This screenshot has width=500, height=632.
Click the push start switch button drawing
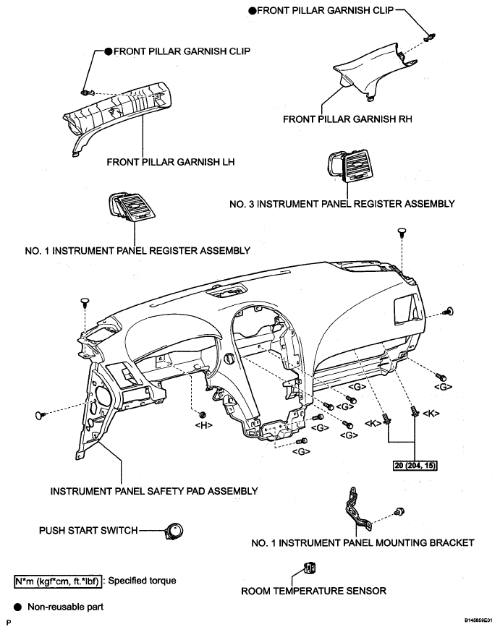click(174, 531)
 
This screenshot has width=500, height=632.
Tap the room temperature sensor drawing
click(310, 568)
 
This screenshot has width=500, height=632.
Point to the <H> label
click(203, 424)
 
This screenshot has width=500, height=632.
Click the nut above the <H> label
click(203, 414)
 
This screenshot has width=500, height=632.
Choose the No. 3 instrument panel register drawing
click(349, 166)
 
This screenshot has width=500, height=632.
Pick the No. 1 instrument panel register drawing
click(131, 206)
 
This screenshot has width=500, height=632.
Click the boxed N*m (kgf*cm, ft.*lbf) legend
click(58, 581)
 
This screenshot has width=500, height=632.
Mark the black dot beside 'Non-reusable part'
click(18, 607)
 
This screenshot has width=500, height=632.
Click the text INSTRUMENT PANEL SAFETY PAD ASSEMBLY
click(154, 491)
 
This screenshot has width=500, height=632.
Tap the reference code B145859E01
click(478, 620)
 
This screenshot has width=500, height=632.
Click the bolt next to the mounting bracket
click(399, 511)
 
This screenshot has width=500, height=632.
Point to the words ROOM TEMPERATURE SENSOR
click(314, 591)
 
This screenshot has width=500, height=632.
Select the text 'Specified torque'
click(142, 581)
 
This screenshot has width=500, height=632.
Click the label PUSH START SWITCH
click(88, 531)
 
